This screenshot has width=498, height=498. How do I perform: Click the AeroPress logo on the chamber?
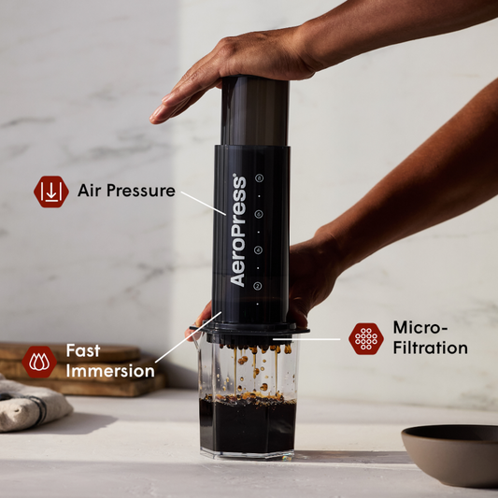tap(237, 231)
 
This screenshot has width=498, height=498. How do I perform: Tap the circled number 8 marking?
tap(259, 178)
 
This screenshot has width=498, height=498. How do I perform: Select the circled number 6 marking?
tap(259, 214)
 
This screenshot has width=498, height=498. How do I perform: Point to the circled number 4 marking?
tap(259, 250)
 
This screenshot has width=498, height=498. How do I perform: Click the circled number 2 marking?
tap(259, 286)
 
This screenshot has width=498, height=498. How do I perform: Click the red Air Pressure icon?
tap(51, 192)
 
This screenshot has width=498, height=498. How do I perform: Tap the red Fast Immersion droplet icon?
tap(39, 360)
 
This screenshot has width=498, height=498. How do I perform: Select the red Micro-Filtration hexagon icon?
tap(366, 338)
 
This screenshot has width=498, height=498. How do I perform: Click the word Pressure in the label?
tap(139, 191)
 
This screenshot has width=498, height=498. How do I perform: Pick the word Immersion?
tap(110, 371)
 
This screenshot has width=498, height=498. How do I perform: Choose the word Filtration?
tap(430, 349)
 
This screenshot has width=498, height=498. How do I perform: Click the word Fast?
tap(83, 351)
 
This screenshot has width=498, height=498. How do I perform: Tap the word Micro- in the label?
tap(420, 328)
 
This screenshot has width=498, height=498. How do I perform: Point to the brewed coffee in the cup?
tap(247, 425)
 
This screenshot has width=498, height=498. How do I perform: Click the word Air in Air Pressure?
tap(90, 191)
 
